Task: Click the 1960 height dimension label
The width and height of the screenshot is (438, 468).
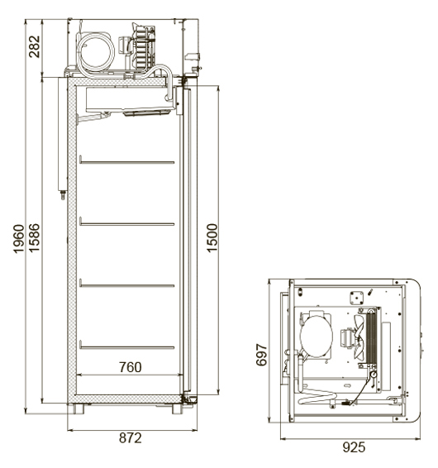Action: [18, 239]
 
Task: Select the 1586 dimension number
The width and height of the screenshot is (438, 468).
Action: [34, 237]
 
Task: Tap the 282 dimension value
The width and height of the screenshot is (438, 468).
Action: [35, 46]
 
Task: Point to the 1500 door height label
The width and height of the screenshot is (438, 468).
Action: [212, 238]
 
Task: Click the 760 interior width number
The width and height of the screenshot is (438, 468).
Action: [131, 367]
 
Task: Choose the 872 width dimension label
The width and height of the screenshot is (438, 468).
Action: [131, 438]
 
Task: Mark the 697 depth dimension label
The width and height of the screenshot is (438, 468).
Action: [262, 355]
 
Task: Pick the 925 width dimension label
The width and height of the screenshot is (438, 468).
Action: [354, 447]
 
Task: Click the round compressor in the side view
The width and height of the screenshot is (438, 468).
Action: [96, 51]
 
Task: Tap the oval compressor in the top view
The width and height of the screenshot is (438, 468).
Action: [317, 337]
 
